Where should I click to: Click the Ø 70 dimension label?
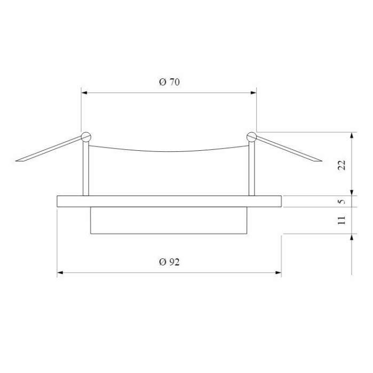(x=169, y=82)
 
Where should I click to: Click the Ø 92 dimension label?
(x=169, y=262)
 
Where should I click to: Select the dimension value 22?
(x=343, y=165)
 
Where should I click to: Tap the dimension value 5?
(x=343, y=201)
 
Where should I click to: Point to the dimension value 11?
(x=343, y=220)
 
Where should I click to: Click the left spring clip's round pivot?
(x=85, y=136)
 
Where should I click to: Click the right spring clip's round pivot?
(x=252, y=137)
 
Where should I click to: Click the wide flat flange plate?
(x=169, y=201)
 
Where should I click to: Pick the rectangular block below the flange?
(x=169, y=220)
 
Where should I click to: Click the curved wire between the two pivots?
(x=169, y=151)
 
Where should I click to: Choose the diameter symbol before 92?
(x=162, y=262)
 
